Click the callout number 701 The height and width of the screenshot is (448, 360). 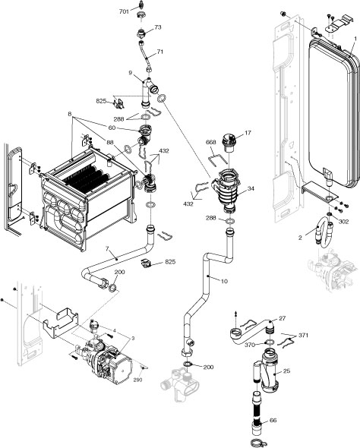(x=124, y=12)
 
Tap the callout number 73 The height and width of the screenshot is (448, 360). (x=158, y=27)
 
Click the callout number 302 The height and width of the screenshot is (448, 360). (x=343, y=222)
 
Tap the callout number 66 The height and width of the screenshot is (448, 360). (x=273, y=420)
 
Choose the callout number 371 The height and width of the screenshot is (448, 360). (x=303, y=335)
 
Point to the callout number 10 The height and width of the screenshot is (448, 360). (x=224, y=281)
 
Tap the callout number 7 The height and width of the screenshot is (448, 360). (x=107, y=248)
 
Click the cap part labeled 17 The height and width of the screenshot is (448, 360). (x=227, y=143)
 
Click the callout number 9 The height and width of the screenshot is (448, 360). (x=131, y=73)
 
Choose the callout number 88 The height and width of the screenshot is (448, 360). (x=111, y=142)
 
